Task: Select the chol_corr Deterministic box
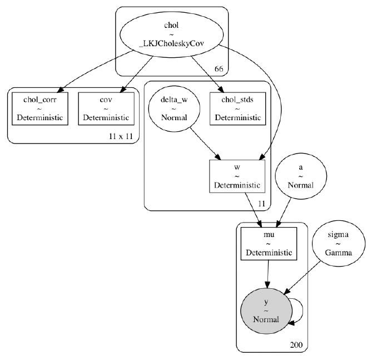point(37,109)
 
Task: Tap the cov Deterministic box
point(106,109)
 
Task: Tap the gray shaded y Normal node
point(266,310)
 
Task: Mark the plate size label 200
point(296,345)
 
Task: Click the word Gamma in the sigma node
point(339,252)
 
